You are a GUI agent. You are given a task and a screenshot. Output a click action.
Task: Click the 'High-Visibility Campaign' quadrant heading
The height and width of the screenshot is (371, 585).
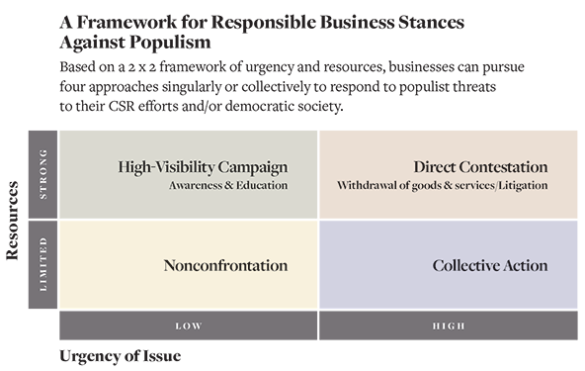[203, 167]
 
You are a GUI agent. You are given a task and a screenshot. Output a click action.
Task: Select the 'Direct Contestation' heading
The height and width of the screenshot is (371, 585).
[480, 166]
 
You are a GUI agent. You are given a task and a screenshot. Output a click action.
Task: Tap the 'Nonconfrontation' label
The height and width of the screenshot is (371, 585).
[225, 265]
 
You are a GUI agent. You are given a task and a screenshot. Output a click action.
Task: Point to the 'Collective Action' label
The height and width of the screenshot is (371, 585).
[490, 265]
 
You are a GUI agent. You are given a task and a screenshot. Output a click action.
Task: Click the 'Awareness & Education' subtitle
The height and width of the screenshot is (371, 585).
[228, 185]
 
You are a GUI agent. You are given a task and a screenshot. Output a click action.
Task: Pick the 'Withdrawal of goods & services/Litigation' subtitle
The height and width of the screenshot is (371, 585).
[443, 185]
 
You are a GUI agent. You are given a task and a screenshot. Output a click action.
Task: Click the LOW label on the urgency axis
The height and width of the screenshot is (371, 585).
[189, 325]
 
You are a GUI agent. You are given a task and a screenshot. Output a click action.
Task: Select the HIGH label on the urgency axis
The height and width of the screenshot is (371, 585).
[449, 325]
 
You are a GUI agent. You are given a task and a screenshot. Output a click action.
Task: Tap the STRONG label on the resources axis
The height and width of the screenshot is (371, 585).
[43, 174]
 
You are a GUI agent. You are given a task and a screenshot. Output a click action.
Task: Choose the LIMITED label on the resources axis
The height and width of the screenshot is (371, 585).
[43, 264]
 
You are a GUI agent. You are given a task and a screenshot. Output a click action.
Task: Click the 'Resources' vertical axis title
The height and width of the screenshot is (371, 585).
[12, 221]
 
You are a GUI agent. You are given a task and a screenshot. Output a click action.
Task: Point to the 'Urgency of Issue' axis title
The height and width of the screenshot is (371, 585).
[121, 356]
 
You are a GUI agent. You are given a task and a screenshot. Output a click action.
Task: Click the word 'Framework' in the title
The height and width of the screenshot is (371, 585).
[126, 22]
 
